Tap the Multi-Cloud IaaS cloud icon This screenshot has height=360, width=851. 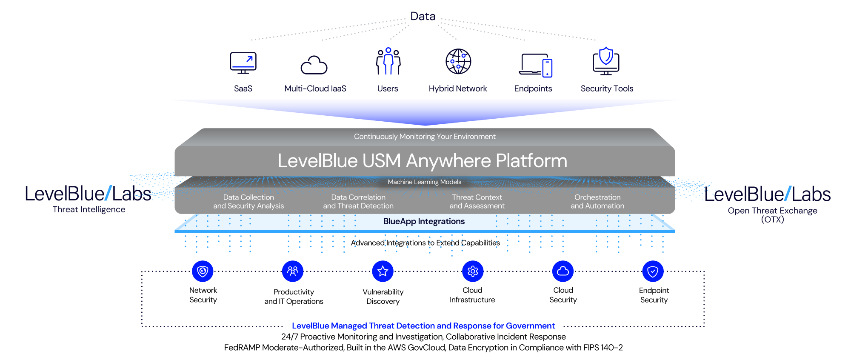coord(314,65)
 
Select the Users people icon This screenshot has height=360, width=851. coord(388,62)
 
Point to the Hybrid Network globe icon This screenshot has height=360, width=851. coord(458,62)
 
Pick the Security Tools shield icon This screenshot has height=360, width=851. coord(606,61)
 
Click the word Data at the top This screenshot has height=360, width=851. coord(423,17)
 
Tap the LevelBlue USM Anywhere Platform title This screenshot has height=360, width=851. coord(423,161)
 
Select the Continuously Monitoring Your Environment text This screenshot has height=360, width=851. coord(425,137)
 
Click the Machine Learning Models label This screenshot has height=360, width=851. coord(425,182)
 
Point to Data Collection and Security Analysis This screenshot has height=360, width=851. coord(248,202)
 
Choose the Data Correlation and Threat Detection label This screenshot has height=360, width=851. coord(358,202)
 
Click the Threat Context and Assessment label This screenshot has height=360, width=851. coord(477,202)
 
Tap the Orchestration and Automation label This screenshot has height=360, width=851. coord(597,202)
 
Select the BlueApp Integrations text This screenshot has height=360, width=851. coord(424,221)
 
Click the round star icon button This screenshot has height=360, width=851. coord(383,271)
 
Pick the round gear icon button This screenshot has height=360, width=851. coord(473,271)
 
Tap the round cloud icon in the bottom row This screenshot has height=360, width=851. coord(563,271)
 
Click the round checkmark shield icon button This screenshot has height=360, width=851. coord(653,271)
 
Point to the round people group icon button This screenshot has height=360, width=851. coord(293,271)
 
